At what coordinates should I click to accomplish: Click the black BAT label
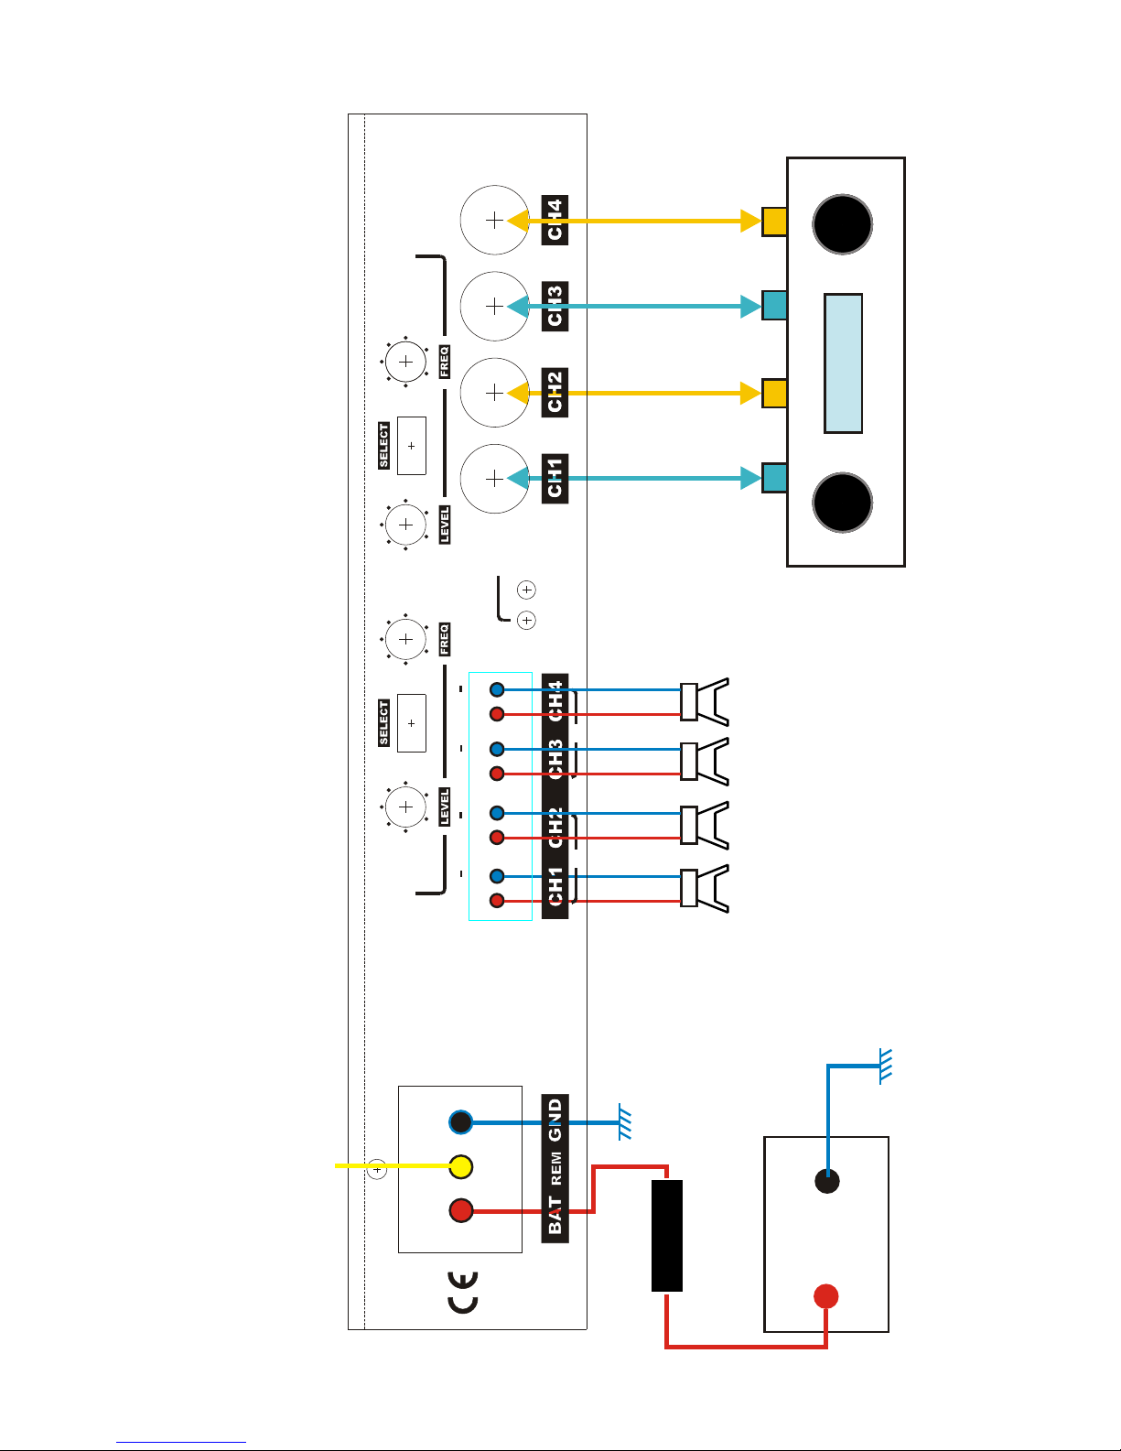pyautogui.click(x=555, y=1215)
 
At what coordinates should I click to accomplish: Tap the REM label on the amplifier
pyautogui.click(x=555, y=1168)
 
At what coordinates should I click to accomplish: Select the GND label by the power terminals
pyautogui.click(x=555, y=1121)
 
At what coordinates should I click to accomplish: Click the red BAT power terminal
pyautogui.click(x=461, y=1211)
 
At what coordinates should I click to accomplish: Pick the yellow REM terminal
pyautogui.click(x=461, y=1166)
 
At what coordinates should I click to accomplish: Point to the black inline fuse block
pyautogui.click(x=667, y=1235)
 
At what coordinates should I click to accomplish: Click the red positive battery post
pyautogui.click(x=826, y=1296)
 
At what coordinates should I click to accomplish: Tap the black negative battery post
pyautogui.click(x=827, y=1181)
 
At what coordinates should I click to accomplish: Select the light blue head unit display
pyautogui.click(x=843, y=363)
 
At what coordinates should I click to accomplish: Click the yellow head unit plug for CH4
pyautogui.click(x=774, y=221)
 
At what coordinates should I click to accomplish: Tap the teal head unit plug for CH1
pyautogui.click(x=774, y=478)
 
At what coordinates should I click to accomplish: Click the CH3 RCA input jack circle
pyautogui.click(x=494, y=306)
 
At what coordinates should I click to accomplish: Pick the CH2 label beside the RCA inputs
pyautogui.click(x=555, y=392)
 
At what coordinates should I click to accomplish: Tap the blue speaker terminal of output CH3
pyautogui.click(x=497, y=749)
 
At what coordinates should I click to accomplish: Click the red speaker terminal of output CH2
pyautogui.click(x=497, y=837)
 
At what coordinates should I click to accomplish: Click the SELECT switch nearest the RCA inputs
pyautogui.click(x=412, y=446)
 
